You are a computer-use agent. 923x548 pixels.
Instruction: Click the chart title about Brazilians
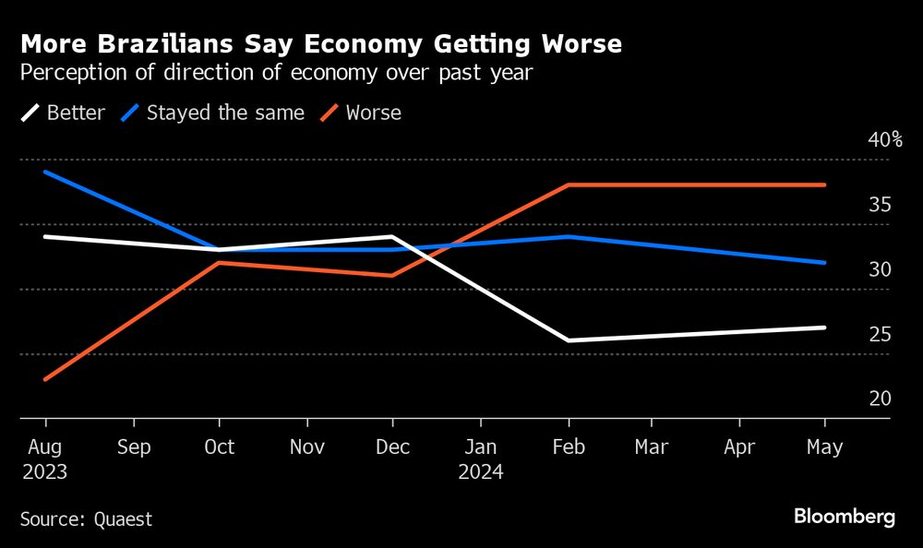[320, 43]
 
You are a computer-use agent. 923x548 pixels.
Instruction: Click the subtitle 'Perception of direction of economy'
[276, 73]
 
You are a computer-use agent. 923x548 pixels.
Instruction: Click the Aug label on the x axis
[45, 447]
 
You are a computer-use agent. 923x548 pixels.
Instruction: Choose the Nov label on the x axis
[306, 447]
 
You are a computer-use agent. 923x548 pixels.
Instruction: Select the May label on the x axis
[824, 447]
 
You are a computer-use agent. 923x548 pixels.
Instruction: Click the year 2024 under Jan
[480, 472]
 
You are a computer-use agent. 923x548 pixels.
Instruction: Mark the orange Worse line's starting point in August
[45, 379]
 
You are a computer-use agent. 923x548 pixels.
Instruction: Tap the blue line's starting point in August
[45, 172]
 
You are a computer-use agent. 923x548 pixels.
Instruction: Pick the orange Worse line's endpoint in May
[824, 185]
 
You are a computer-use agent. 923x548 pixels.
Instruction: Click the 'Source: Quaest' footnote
[87, 519]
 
